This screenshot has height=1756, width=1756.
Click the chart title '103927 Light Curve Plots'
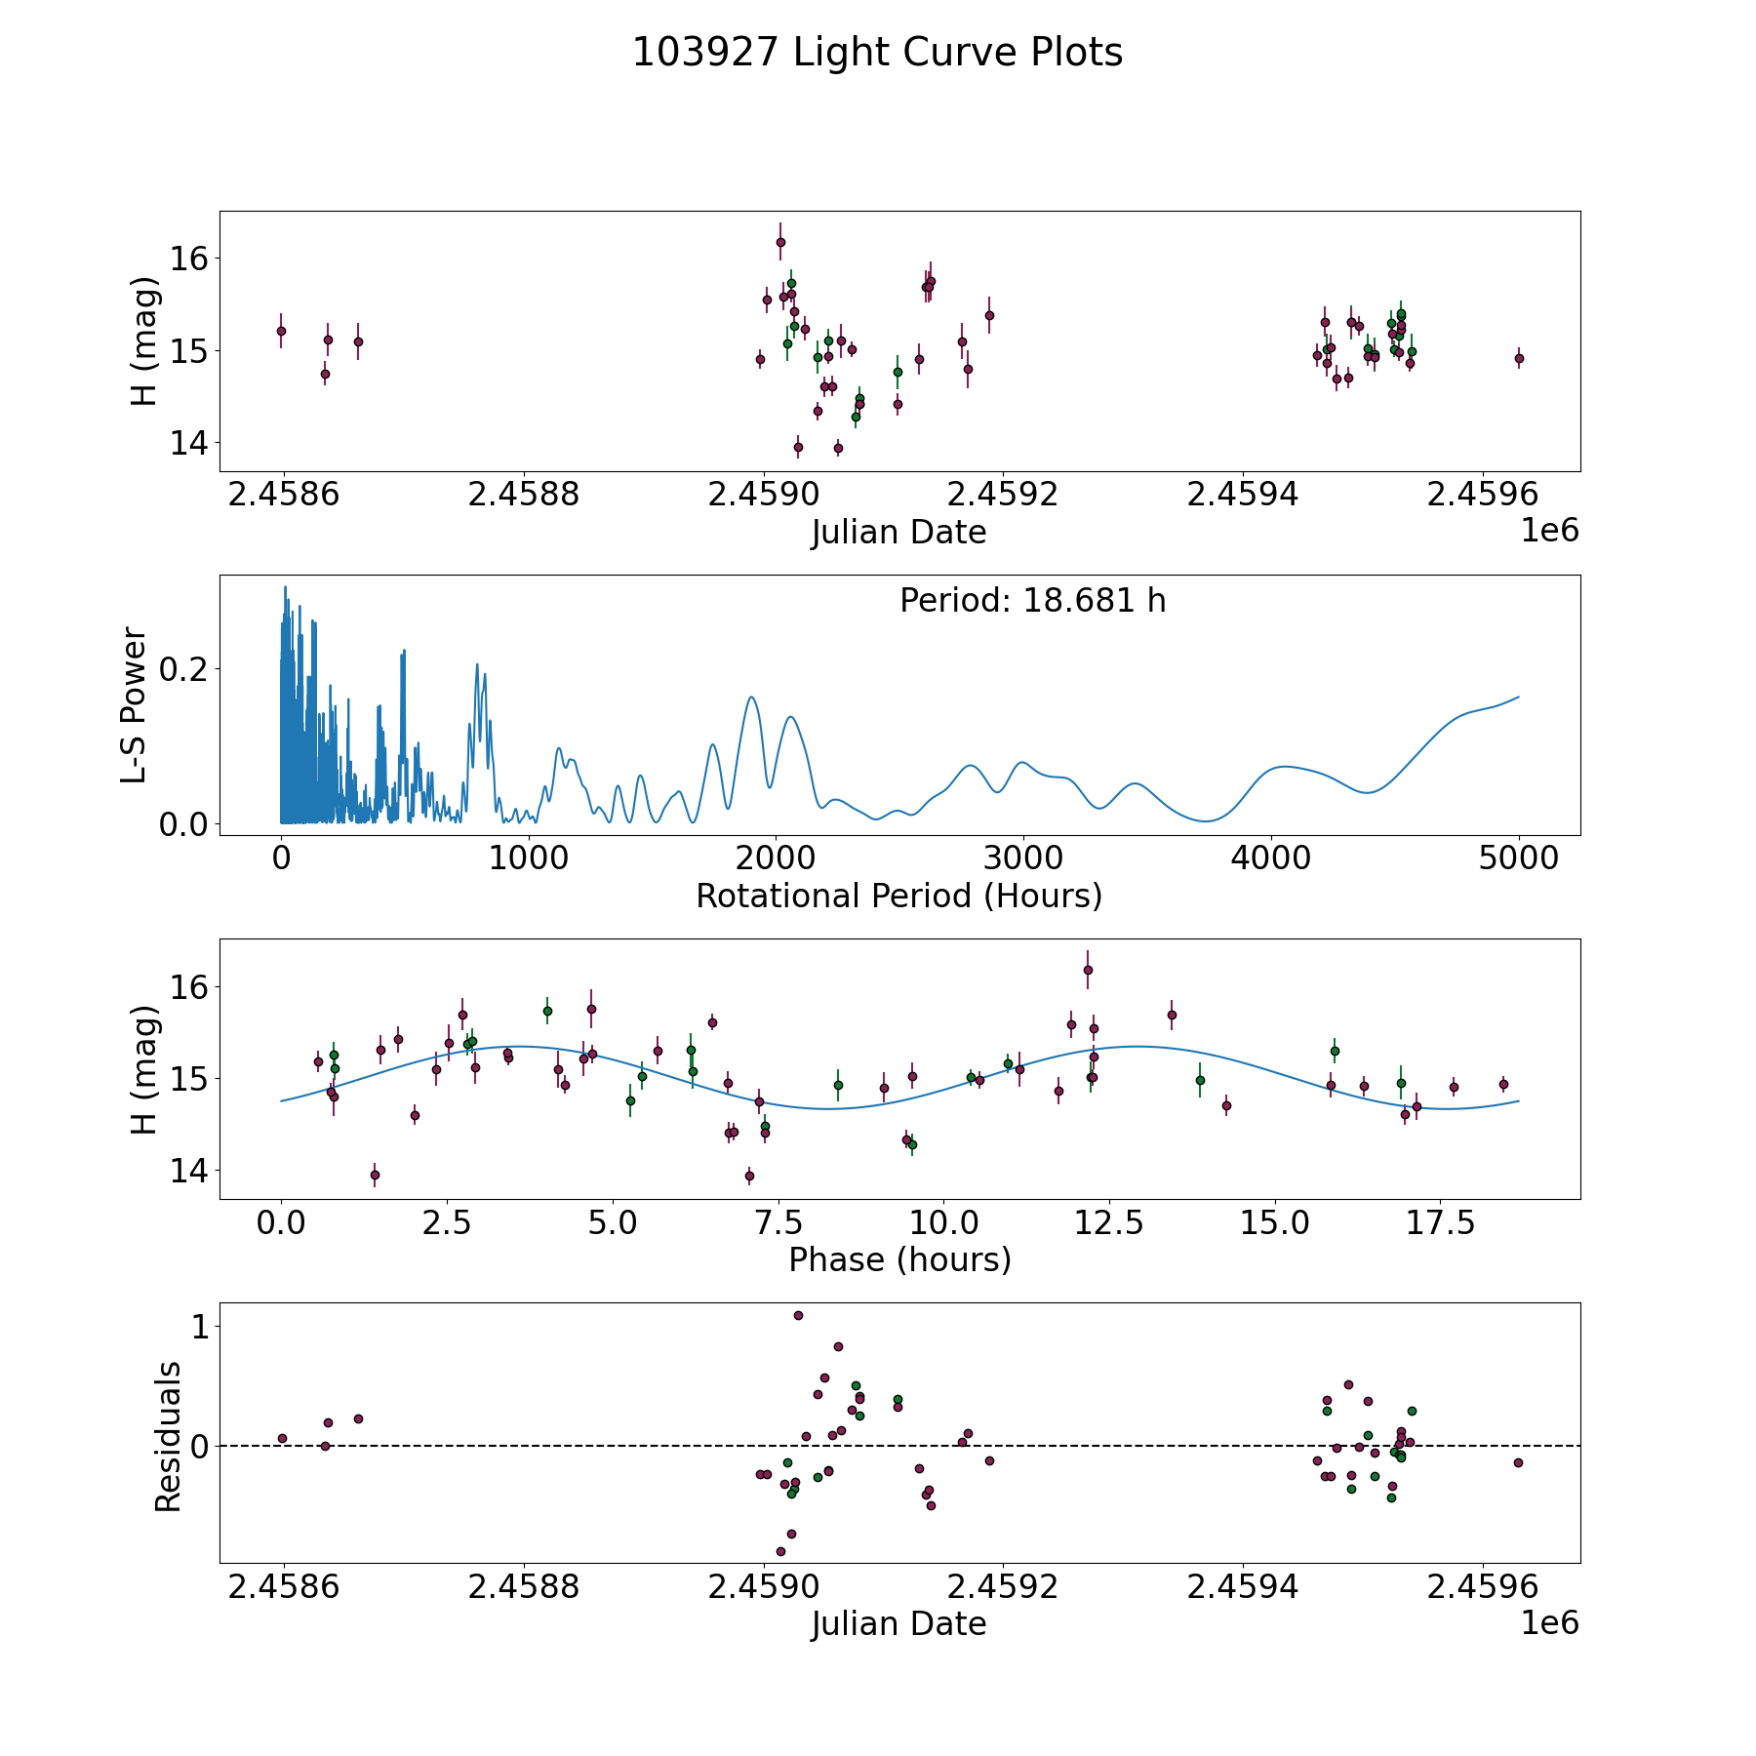877,53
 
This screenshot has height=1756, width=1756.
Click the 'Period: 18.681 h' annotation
1032,601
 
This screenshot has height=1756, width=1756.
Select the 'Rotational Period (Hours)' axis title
898,896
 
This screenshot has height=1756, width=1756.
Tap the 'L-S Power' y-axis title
135,705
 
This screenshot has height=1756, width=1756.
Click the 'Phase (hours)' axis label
899,1259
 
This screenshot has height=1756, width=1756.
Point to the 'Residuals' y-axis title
168,1437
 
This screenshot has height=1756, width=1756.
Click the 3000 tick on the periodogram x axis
1023,858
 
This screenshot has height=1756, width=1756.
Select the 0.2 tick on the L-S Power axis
184,669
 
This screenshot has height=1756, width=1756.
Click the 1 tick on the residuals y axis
200,1327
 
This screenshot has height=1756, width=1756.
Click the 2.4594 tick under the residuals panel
1242,1587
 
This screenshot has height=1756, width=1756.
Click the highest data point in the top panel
780,242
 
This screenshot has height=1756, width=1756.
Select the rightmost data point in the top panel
1519,358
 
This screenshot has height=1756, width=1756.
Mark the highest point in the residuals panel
798,1315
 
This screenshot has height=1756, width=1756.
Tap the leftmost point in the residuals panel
282,1438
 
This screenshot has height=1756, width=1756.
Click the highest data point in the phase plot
1088,970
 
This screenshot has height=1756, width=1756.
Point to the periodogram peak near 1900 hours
751,697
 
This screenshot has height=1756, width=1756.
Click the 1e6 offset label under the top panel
1550,531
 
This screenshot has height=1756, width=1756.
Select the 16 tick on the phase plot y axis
189,987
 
